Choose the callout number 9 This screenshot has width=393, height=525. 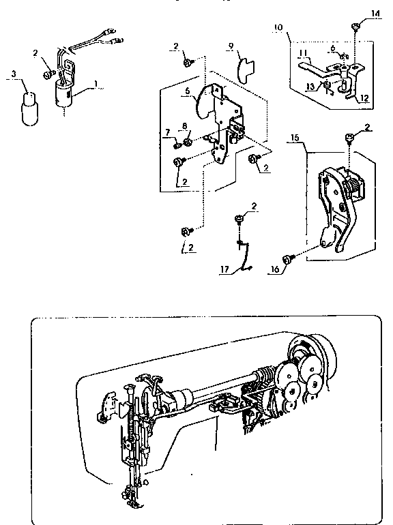pos(231,46)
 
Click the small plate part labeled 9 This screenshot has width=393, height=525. pos(244,67)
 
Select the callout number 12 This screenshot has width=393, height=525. pos(364,98)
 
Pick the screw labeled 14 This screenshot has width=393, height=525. pos(356,27)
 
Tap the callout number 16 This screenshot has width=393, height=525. pos(275,270)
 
